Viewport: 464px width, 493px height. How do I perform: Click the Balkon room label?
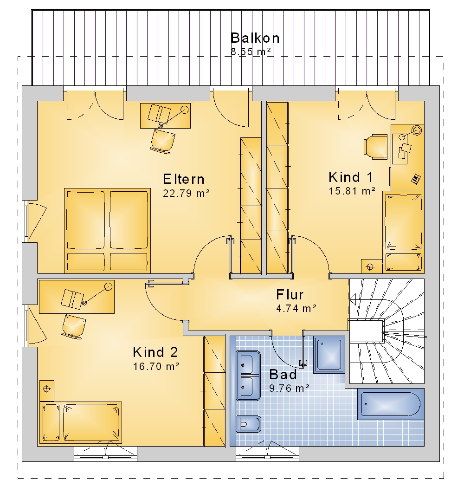(x=255, y=38)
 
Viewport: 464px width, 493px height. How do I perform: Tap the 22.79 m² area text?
(x=186, y=193)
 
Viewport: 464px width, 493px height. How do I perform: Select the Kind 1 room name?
(x=351, y=177)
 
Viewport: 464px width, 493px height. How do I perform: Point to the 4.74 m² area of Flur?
(x=296, y=308)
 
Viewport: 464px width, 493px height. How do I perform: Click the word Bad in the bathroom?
(x=283, y=375)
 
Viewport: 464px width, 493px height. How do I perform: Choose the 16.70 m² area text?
(x=156, y=367)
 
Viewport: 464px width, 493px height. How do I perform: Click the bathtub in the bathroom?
(x=391, y=404)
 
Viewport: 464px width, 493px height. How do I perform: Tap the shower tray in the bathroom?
(x=329, y=354)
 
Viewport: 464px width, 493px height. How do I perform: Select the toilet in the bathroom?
(x=248, y=425)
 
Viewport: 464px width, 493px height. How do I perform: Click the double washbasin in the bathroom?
(x=248, y=376)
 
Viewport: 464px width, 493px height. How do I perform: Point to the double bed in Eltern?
(x=107, y=231)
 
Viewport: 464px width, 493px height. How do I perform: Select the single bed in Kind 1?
(x=403, y=232)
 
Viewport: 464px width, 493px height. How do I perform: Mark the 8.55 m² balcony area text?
(x=251, y=52)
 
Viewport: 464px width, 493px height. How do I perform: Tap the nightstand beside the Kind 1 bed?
(x=370, y=267)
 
